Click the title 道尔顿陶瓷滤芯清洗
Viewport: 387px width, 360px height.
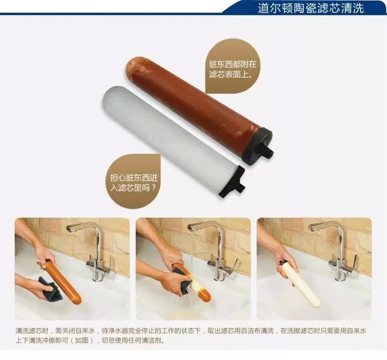pyautogui.click(x=311, y=8)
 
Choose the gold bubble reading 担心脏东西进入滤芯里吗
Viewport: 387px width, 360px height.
pyautogui.click(x=134, y=182)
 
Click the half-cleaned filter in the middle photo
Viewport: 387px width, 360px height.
pyautogui.click(x=192, y=283)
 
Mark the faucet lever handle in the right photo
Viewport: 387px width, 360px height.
pyautogui.click(x=355, y=260)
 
